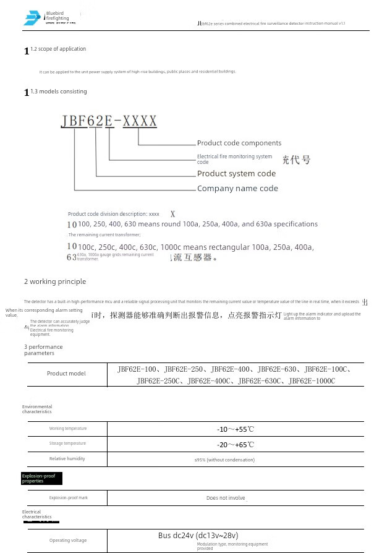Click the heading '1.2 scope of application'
pyautogui.click(x=58, y=49)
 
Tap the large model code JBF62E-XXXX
pyautogui.click(x=109, y=121)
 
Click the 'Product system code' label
pyautogui.click(x=236, y=174)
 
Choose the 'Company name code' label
pyautogui.click(x=237, y=189)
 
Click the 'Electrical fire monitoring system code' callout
pyautogui.click(x=234, y=159)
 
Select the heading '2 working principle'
pyautogui.click(x=55, y=281)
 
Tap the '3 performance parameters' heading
pyautogui.click(x=43, y=350)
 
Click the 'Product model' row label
pyautogui.click(x=66, y=373)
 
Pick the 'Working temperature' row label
pyautogui.click(x=68, y=429)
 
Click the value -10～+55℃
pyautogui.click(x=235, y=429)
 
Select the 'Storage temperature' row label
pyautogui.click(x=68, y=444)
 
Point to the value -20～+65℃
pyautogui.click(x=235, y=445)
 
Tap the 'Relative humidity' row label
pyautogui.click(x=67, y=459)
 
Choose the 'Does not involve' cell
pyautogui.click(x=226, y=498)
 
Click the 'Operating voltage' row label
pyautogui.click(x=68, y=541)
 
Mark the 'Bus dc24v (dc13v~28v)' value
pyautogui.click(x=198, y=536)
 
